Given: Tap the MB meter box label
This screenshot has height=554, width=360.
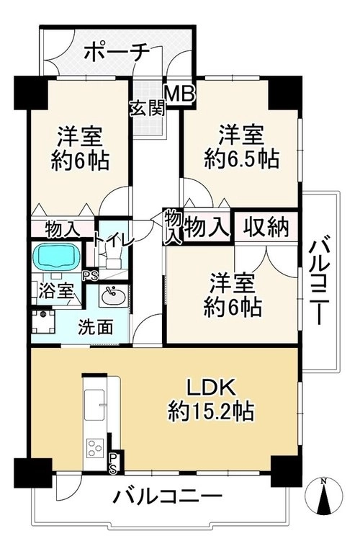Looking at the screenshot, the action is click(180, 94).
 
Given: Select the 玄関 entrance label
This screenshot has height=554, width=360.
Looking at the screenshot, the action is click(148, 108).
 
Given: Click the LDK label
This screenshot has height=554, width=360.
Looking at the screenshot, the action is click(211, 388).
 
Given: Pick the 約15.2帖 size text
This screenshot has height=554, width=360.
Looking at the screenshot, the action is click(211, 411).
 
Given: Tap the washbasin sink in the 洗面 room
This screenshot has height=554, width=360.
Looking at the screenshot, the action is click(113, 295).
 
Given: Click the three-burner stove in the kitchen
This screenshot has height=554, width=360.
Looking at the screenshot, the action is click(95, 448).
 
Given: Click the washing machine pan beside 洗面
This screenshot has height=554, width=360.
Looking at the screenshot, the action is click(43, 321).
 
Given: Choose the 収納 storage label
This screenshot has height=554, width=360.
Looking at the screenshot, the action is click(266, 227).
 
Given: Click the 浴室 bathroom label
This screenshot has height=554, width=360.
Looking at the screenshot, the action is click(55, 292).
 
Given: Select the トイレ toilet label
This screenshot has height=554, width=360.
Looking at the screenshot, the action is click(113, 240).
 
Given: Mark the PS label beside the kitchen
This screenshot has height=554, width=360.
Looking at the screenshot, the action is click(113, 463).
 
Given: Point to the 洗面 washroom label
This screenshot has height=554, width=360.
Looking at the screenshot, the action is click(95, 327).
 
